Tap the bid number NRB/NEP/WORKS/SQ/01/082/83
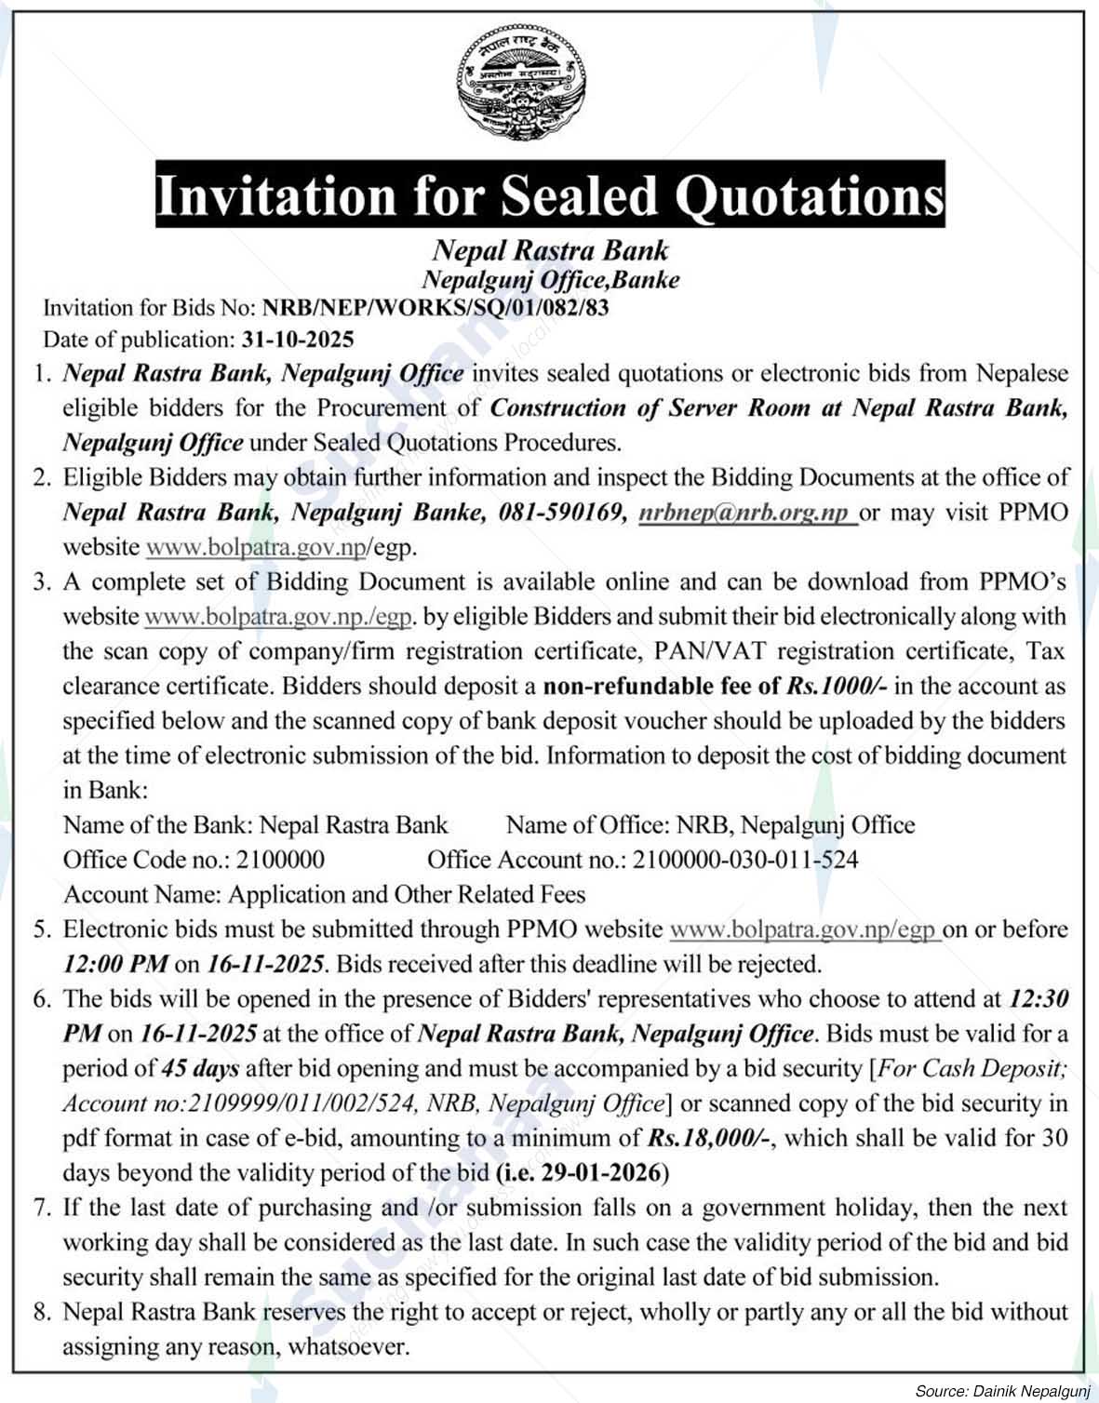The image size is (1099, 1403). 436,307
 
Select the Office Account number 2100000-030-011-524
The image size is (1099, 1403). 744,859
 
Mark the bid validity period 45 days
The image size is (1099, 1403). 200,1068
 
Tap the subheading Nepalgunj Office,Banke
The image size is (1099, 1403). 550,278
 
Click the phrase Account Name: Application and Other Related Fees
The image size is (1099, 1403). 324,894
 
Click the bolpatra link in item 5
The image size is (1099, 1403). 804,929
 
